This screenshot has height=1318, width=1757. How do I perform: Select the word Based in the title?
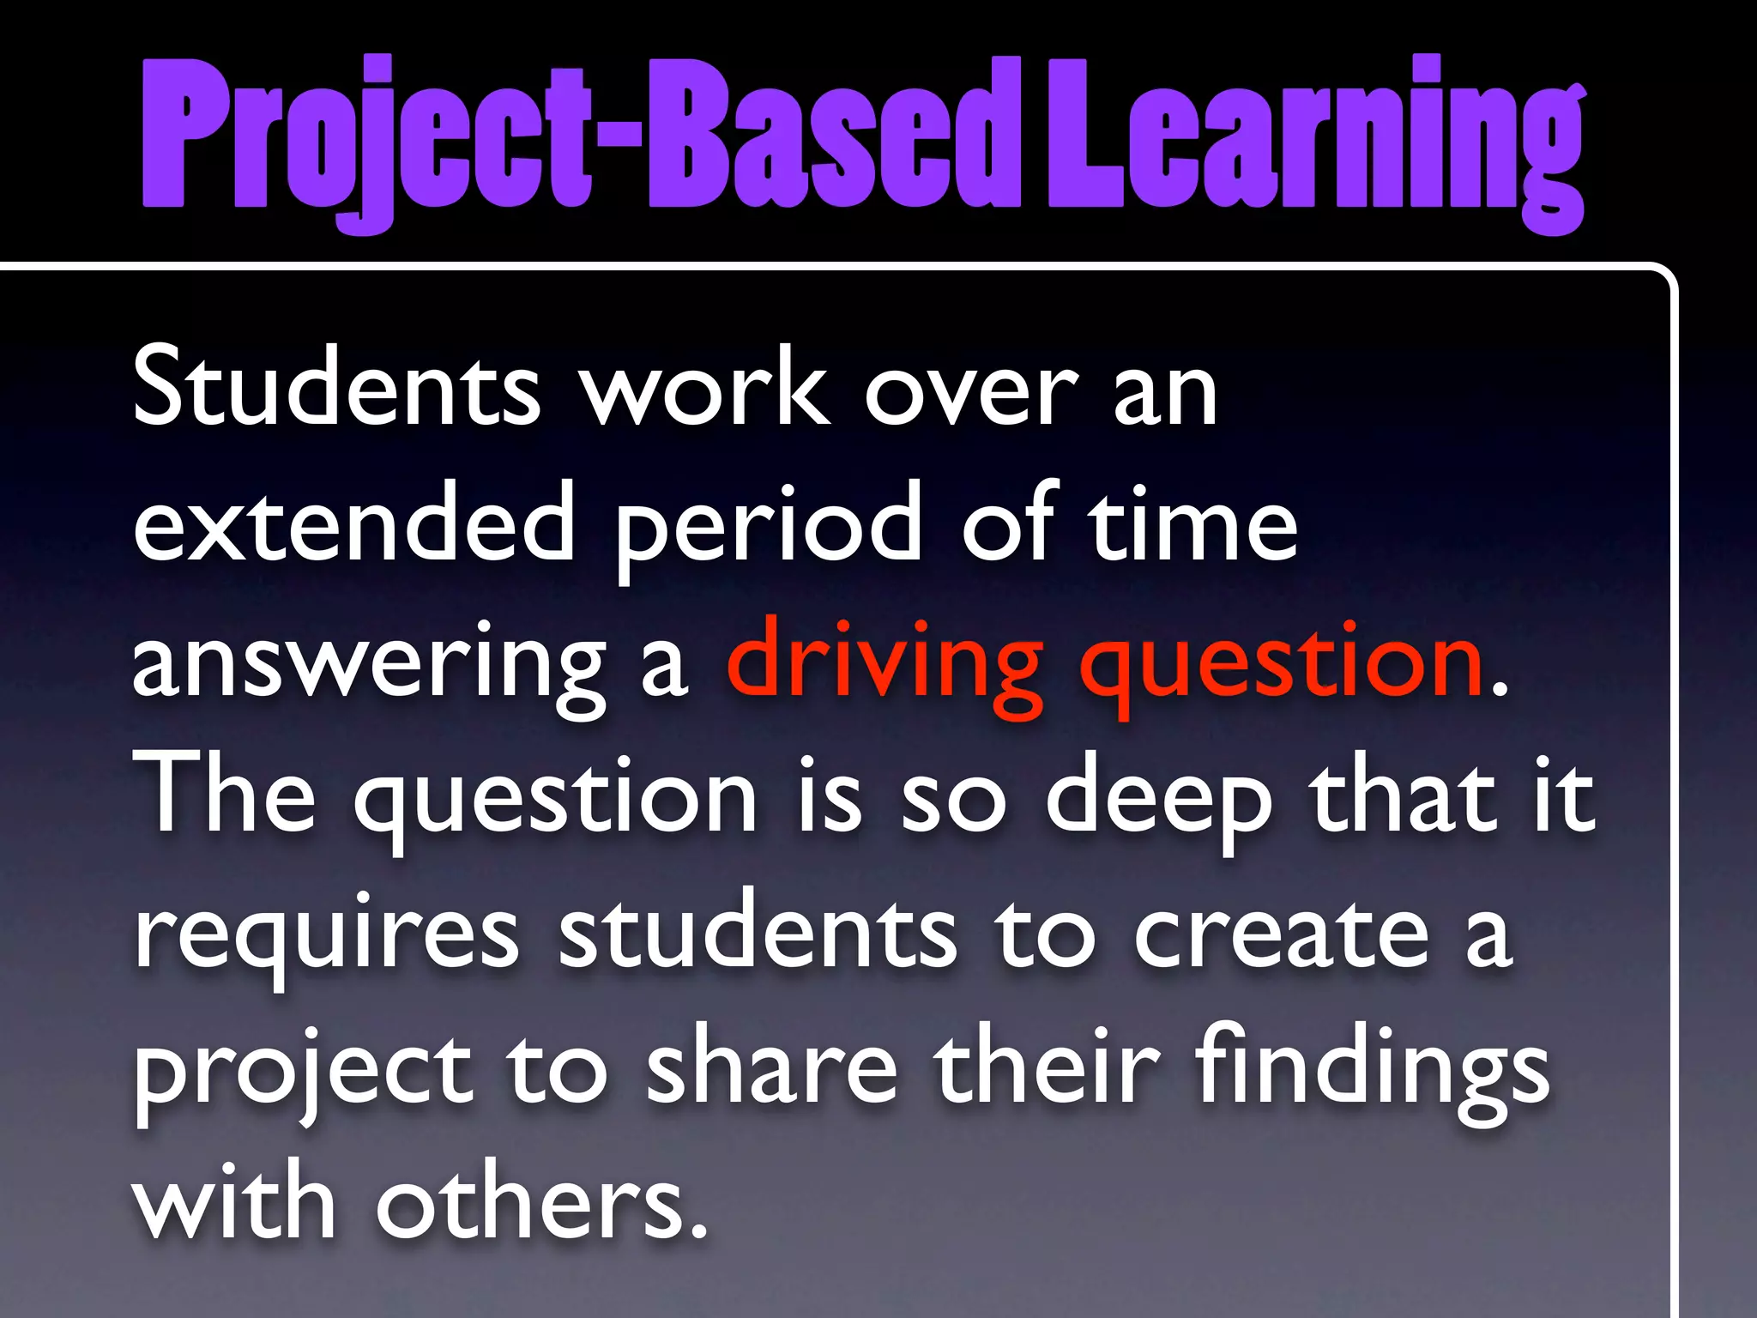[x=832, y=137]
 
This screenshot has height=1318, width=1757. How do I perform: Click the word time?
[x=1192, y=523]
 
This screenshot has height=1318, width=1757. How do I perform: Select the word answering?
[x=369, y=665]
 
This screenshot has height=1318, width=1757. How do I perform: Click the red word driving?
[x=884, y=665]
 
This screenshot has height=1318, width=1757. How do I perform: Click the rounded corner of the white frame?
[x=1661, y=279]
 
